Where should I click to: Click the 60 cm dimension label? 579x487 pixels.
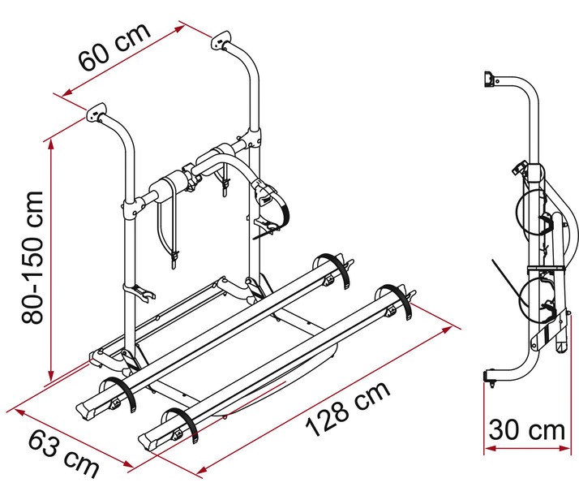pyautogui.click(x=114, y=49)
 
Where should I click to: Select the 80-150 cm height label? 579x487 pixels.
pyautogui.click(x=34, y=257)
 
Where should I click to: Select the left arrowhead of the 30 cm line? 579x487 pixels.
pyautogui.click(x=490, y=445)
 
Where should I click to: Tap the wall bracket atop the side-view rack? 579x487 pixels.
pyautogui.click(x=488, y=80)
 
